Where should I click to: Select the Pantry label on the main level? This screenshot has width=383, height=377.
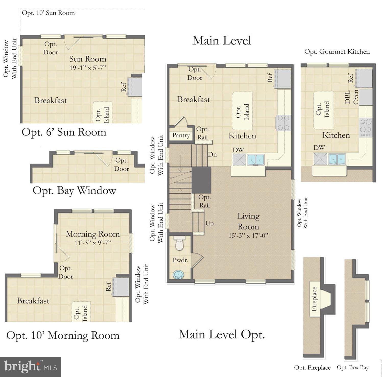coord(181,135)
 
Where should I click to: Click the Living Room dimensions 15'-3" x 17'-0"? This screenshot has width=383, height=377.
coord(248,235)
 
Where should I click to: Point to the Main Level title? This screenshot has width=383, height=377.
coord(222,41)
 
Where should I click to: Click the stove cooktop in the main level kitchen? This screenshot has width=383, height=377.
coord(283,123)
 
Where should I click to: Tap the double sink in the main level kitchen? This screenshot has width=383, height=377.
coord(256,159)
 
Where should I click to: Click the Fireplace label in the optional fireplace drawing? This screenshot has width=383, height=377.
coord(314,299)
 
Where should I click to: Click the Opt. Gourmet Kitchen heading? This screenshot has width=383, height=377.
coord(337,52)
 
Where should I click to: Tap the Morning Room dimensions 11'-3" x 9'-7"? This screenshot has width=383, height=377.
coord(93,243)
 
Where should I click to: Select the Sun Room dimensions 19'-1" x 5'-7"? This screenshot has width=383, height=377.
coord(88,68)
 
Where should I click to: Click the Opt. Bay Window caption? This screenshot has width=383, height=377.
coord(74,191)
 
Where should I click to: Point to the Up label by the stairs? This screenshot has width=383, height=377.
coord(209,223)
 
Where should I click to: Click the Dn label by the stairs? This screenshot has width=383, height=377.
coord(212,154)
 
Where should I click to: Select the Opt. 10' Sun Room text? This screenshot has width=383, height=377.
coord(48,13)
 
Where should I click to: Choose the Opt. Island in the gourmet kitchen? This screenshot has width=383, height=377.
coord(323,110)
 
